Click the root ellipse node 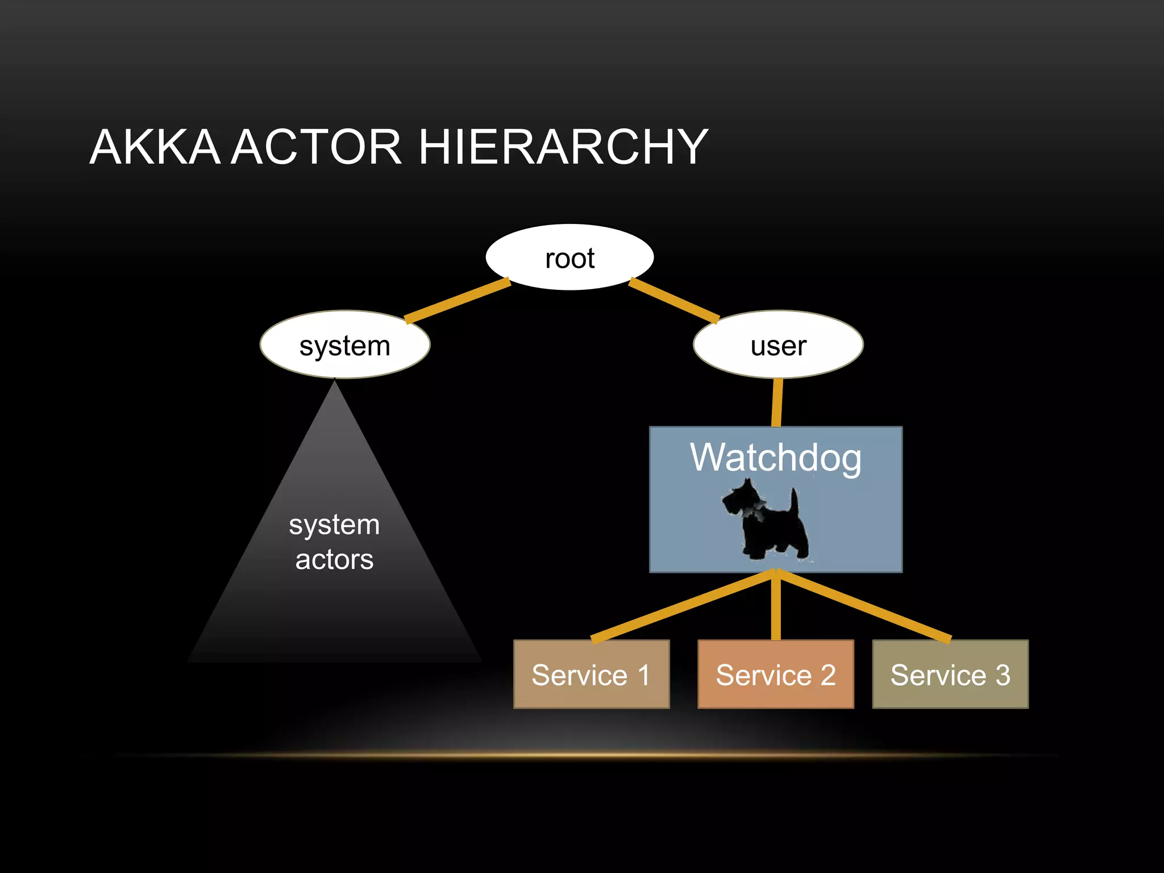pos(569,257)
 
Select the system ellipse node pos(345,344)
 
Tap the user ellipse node pos(778,344)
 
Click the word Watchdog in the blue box pos(775,458)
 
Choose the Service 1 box pos(591,674)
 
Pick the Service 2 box pos(776,674)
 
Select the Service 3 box pos(950,674)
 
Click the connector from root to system pos(458,300)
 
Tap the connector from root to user pos(674,300)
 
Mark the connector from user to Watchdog pos(777,402)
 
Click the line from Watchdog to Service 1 pos(682,606)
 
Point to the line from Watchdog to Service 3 pos(864,606)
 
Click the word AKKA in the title pos(155,147)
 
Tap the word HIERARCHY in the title pos(563,147)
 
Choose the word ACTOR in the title pos(317,147)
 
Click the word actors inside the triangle pos(334,559)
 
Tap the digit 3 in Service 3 pos(1003,675)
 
